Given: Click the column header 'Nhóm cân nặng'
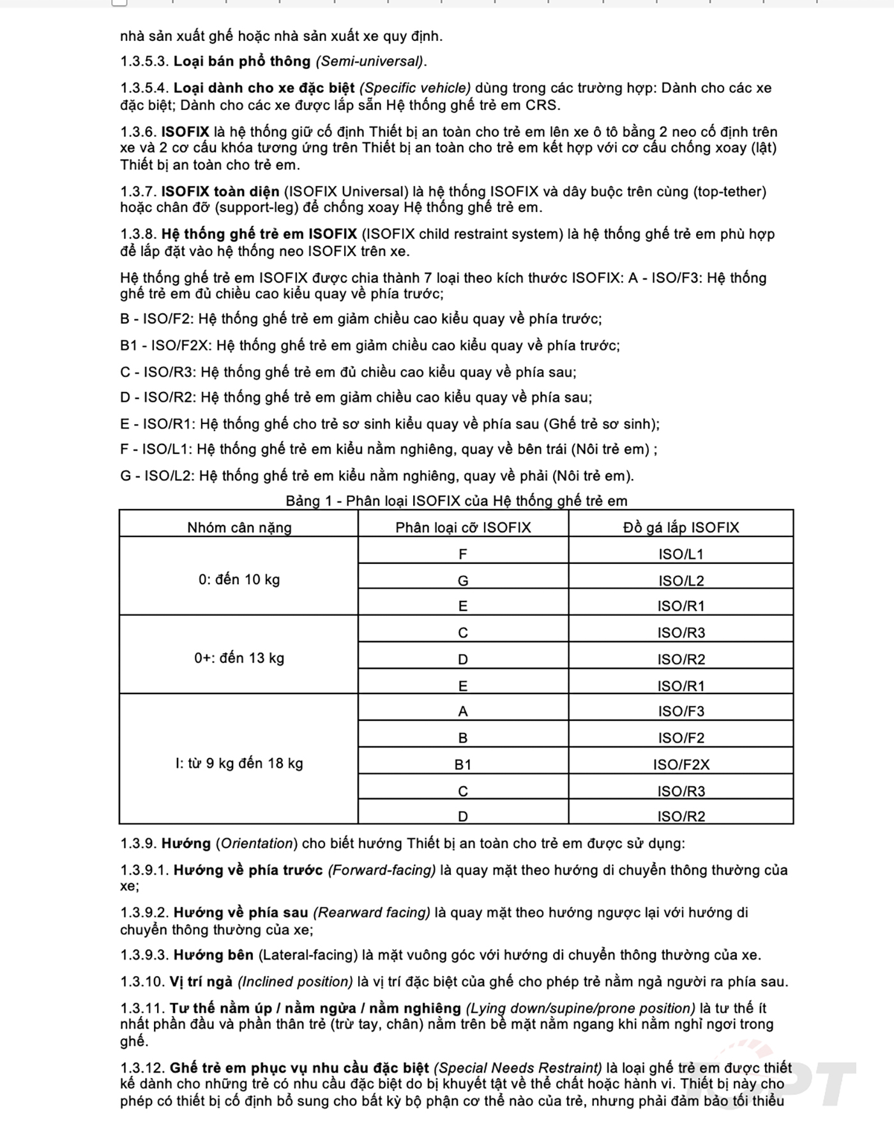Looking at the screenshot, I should [x=239, y=527].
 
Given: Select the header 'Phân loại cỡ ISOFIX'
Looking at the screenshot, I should [x=463, y=527].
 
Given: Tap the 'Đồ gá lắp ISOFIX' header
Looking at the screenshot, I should [x=681, y=527].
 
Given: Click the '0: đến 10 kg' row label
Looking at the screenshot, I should [x=239, y=580].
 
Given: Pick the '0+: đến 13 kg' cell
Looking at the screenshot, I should [x=239, y=658].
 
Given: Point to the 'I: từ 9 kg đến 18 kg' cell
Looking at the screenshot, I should [x=239, y=763].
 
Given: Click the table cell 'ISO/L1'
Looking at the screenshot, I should [x=681, y=554].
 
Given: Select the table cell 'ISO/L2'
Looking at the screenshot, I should [x=681, y=580].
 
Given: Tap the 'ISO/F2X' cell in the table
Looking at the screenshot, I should [x=681, y=764].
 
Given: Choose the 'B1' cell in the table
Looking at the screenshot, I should [x=463, y=764].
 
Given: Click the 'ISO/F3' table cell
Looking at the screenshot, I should [x=681, y=711].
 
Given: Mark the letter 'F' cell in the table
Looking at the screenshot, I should [x=463, y=554].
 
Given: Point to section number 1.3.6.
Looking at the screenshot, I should [x=138, y=132].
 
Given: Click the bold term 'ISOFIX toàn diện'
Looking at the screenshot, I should [x=220, y=192].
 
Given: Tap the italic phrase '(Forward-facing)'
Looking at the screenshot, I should [x=382, y=870].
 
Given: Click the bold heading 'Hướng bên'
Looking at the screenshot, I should [x=213, y=955].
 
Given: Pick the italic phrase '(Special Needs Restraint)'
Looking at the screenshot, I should [x=518, y=1068].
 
